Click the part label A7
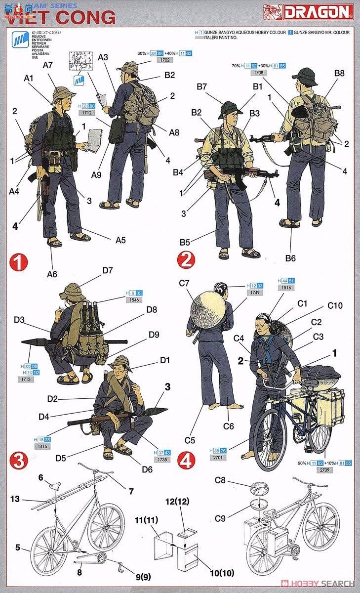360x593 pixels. (x=48, y=65)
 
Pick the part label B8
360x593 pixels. (x=339, y=74)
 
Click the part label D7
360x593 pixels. (x=108, y=270)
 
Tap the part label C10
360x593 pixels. (x=334, y=306)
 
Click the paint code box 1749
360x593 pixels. (x=256, y=293)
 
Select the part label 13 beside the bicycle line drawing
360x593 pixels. (x=15, y=499)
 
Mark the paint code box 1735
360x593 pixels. (x=161, y=459)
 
